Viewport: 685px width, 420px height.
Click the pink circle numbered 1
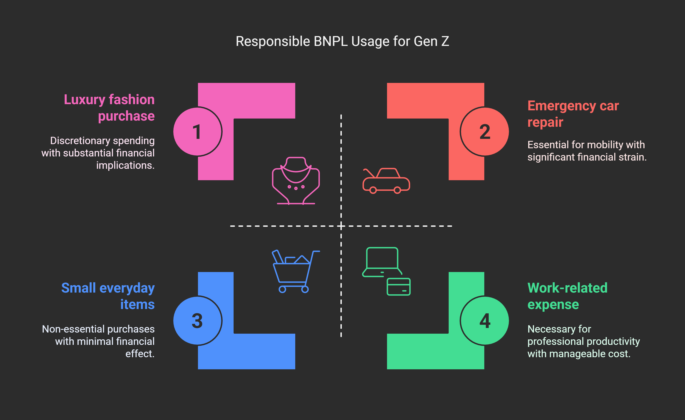click(197, 132)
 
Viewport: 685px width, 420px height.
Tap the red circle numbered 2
click(485, 132)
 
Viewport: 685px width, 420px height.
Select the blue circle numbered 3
click(197, 320)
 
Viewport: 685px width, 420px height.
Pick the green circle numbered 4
click(485, 320)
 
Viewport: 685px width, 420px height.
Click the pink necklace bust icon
click(296, 181)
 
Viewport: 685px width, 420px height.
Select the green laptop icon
click(382, 262)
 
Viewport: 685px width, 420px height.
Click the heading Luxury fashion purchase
click(109, 107)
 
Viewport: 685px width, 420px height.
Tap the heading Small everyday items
click(108, 296)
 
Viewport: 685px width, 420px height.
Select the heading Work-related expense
click(567, 296)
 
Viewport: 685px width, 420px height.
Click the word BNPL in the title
click(331, 41)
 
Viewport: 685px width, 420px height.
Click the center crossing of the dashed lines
click(341, 226)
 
